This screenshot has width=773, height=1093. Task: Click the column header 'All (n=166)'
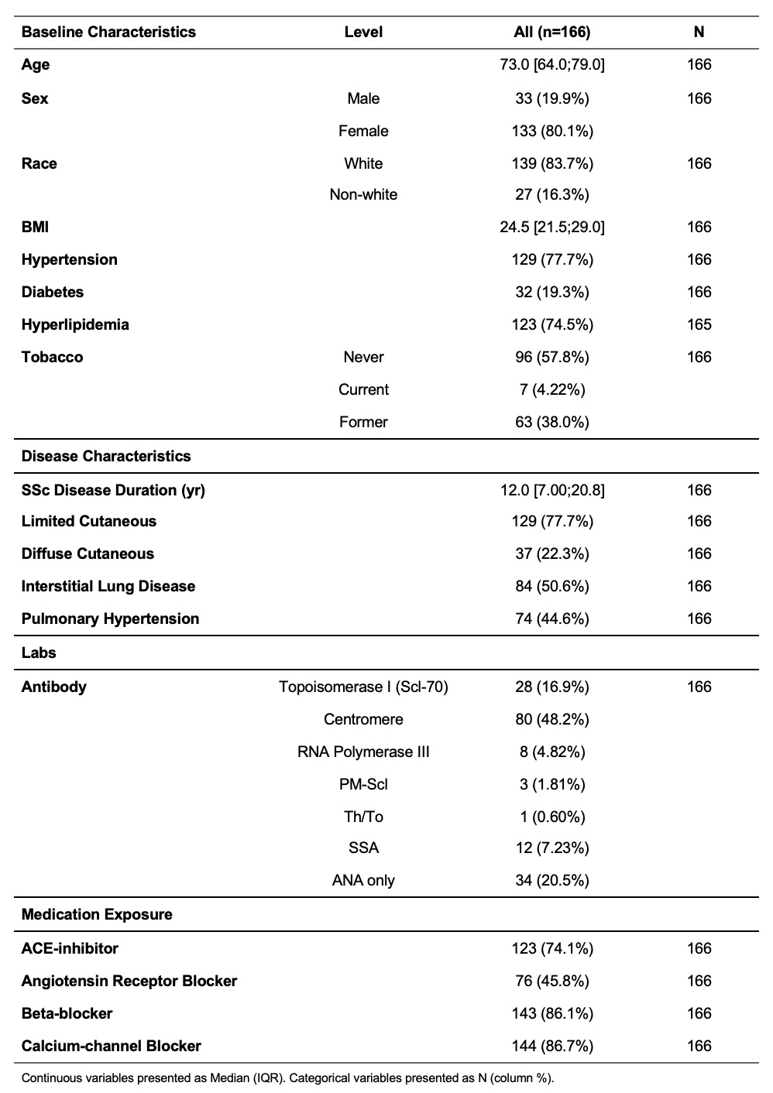[x=552, y=32]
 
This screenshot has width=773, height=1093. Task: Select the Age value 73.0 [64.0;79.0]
[x=552, y=64]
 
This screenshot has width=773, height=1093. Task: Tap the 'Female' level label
[x=363, y=131]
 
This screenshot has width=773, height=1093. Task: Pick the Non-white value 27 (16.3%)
[x=552, y=194]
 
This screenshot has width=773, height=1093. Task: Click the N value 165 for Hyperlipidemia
[x=699, y=324]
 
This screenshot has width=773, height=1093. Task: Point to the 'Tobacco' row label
[x=52, y=357]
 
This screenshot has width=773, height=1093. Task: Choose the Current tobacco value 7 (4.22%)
[x=552, y=389]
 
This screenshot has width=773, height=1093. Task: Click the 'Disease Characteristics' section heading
[x=106, y=456]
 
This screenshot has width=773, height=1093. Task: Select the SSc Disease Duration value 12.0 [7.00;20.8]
[x=552, y=490]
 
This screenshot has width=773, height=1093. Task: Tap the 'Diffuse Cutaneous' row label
[x=88, y=553]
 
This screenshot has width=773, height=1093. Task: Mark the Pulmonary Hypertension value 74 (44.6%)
[x=552, y=618]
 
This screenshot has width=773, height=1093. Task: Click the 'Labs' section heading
[x=39, y=653]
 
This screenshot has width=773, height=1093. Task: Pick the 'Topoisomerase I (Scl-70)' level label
[x=363, y=687]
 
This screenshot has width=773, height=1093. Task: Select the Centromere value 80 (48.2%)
[x=552, y=719]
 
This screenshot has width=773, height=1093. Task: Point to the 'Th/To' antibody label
[x=363, y=817]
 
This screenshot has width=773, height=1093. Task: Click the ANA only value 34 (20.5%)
[x=552, y=880]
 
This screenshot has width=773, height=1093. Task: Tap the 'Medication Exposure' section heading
[x=97, y=914]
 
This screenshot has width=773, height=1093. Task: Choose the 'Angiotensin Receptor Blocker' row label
[x=129, y=981]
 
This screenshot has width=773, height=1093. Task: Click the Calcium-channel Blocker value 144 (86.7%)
[x=552, y=1046]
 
